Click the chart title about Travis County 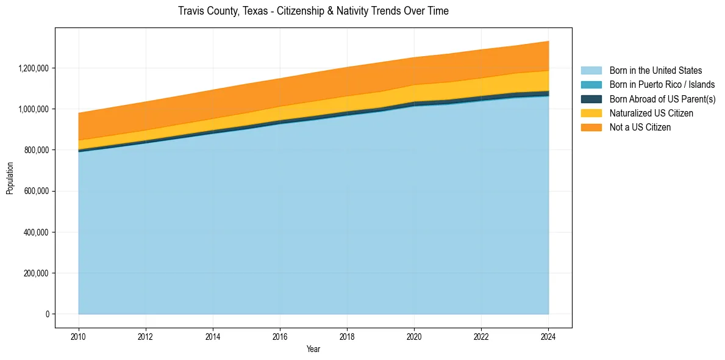(313, 11)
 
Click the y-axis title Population (10, 178)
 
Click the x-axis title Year (313, 349)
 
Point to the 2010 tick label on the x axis (79, 336)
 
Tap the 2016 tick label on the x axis (280, 336)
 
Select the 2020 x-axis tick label (414, 336)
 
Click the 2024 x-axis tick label (548, 336)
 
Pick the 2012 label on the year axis (146, 336)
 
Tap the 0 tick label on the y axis (48, 314)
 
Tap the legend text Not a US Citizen (640, 128)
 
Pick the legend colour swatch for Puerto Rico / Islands (591, 85)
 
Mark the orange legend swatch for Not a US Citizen (591, 128)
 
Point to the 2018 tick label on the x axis (347, 336)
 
